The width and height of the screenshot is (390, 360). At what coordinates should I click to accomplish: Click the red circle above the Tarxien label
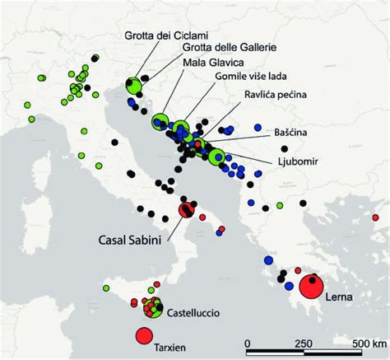[143, 335]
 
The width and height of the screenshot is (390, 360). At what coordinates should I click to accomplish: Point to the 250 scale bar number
[304, 343]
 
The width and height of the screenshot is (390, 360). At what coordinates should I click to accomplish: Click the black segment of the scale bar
[276, 355]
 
